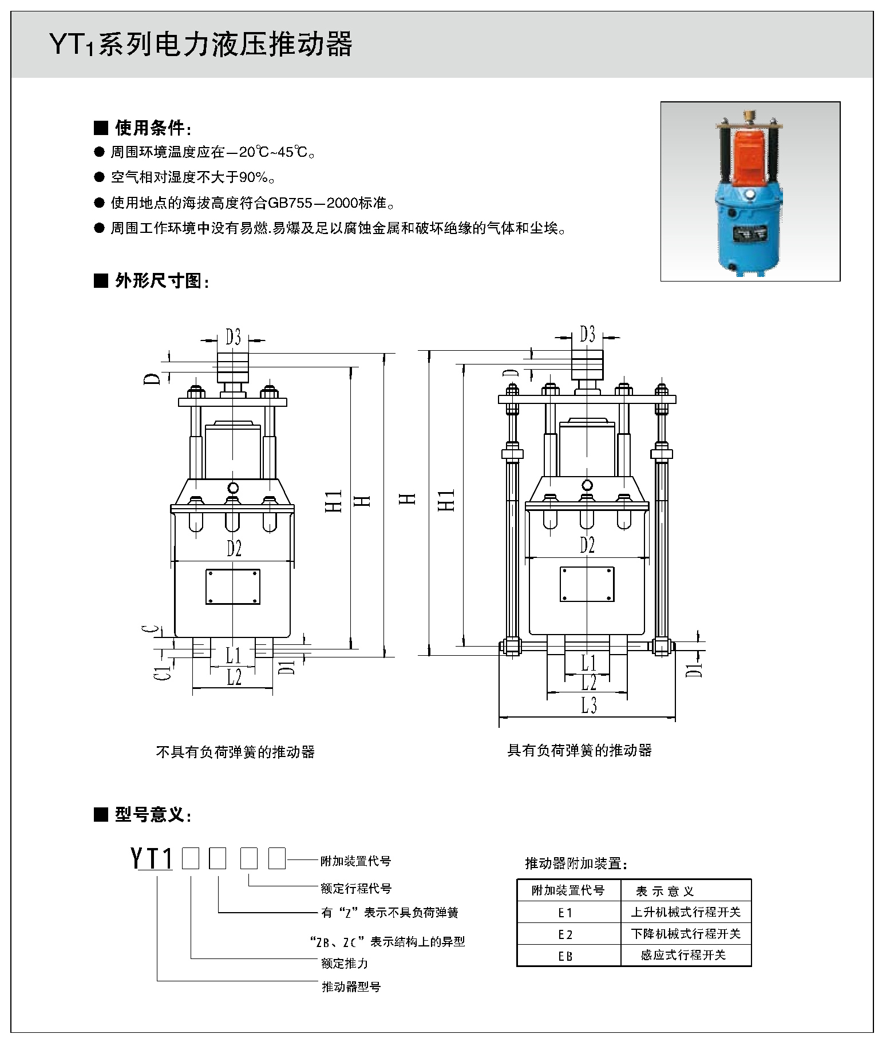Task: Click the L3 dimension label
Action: coord(588,706)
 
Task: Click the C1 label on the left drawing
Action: coord(165,672)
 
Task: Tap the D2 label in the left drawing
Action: coord(234,548)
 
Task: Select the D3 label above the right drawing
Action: coord(587,334)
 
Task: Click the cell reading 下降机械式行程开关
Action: coord(686,934)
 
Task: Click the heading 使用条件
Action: coord(150,128)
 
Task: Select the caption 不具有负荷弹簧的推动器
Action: coord(235,751)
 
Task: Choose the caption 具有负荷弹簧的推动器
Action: coord(579,750)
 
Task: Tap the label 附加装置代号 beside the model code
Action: coord(355,861)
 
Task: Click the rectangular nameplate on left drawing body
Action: coord(233,586)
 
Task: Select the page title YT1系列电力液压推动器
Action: coord(200,45)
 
